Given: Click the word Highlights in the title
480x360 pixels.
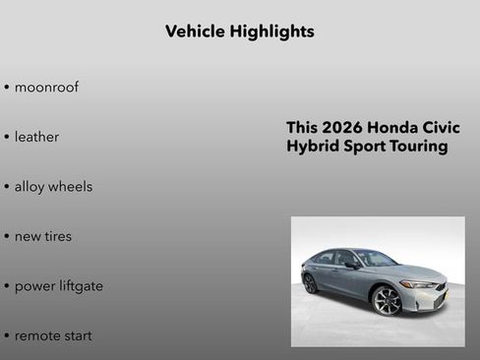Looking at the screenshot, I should click(x=271, y=31).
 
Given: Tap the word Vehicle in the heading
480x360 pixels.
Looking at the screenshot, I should click(x=195, y=31).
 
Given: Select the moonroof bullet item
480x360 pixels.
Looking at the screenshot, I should click(x=46, y=88).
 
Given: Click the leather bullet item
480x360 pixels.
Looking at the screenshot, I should click(x=36, y=137).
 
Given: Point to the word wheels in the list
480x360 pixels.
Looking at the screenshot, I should click(x=73, y=187).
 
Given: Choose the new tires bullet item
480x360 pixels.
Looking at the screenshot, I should click(x=42, y=236).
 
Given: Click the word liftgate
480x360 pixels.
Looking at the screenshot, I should click(x=79, y=286).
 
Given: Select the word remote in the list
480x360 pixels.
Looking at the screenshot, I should click(x=37, y=335).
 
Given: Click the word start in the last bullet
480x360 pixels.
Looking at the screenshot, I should click(x=78, y=335).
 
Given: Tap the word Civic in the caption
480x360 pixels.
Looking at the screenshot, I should click(x=441, y=129).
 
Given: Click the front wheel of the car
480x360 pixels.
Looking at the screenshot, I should click(x=388, y=300).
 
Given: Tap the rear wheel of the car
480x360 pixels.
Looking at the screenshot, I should click(x=311, y=283).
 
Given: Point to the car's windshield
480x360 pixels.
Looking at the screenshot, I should click(x=377, y=259).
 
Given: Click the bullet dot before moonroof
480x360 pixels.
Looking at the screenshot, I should click(x=7, y=88).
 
